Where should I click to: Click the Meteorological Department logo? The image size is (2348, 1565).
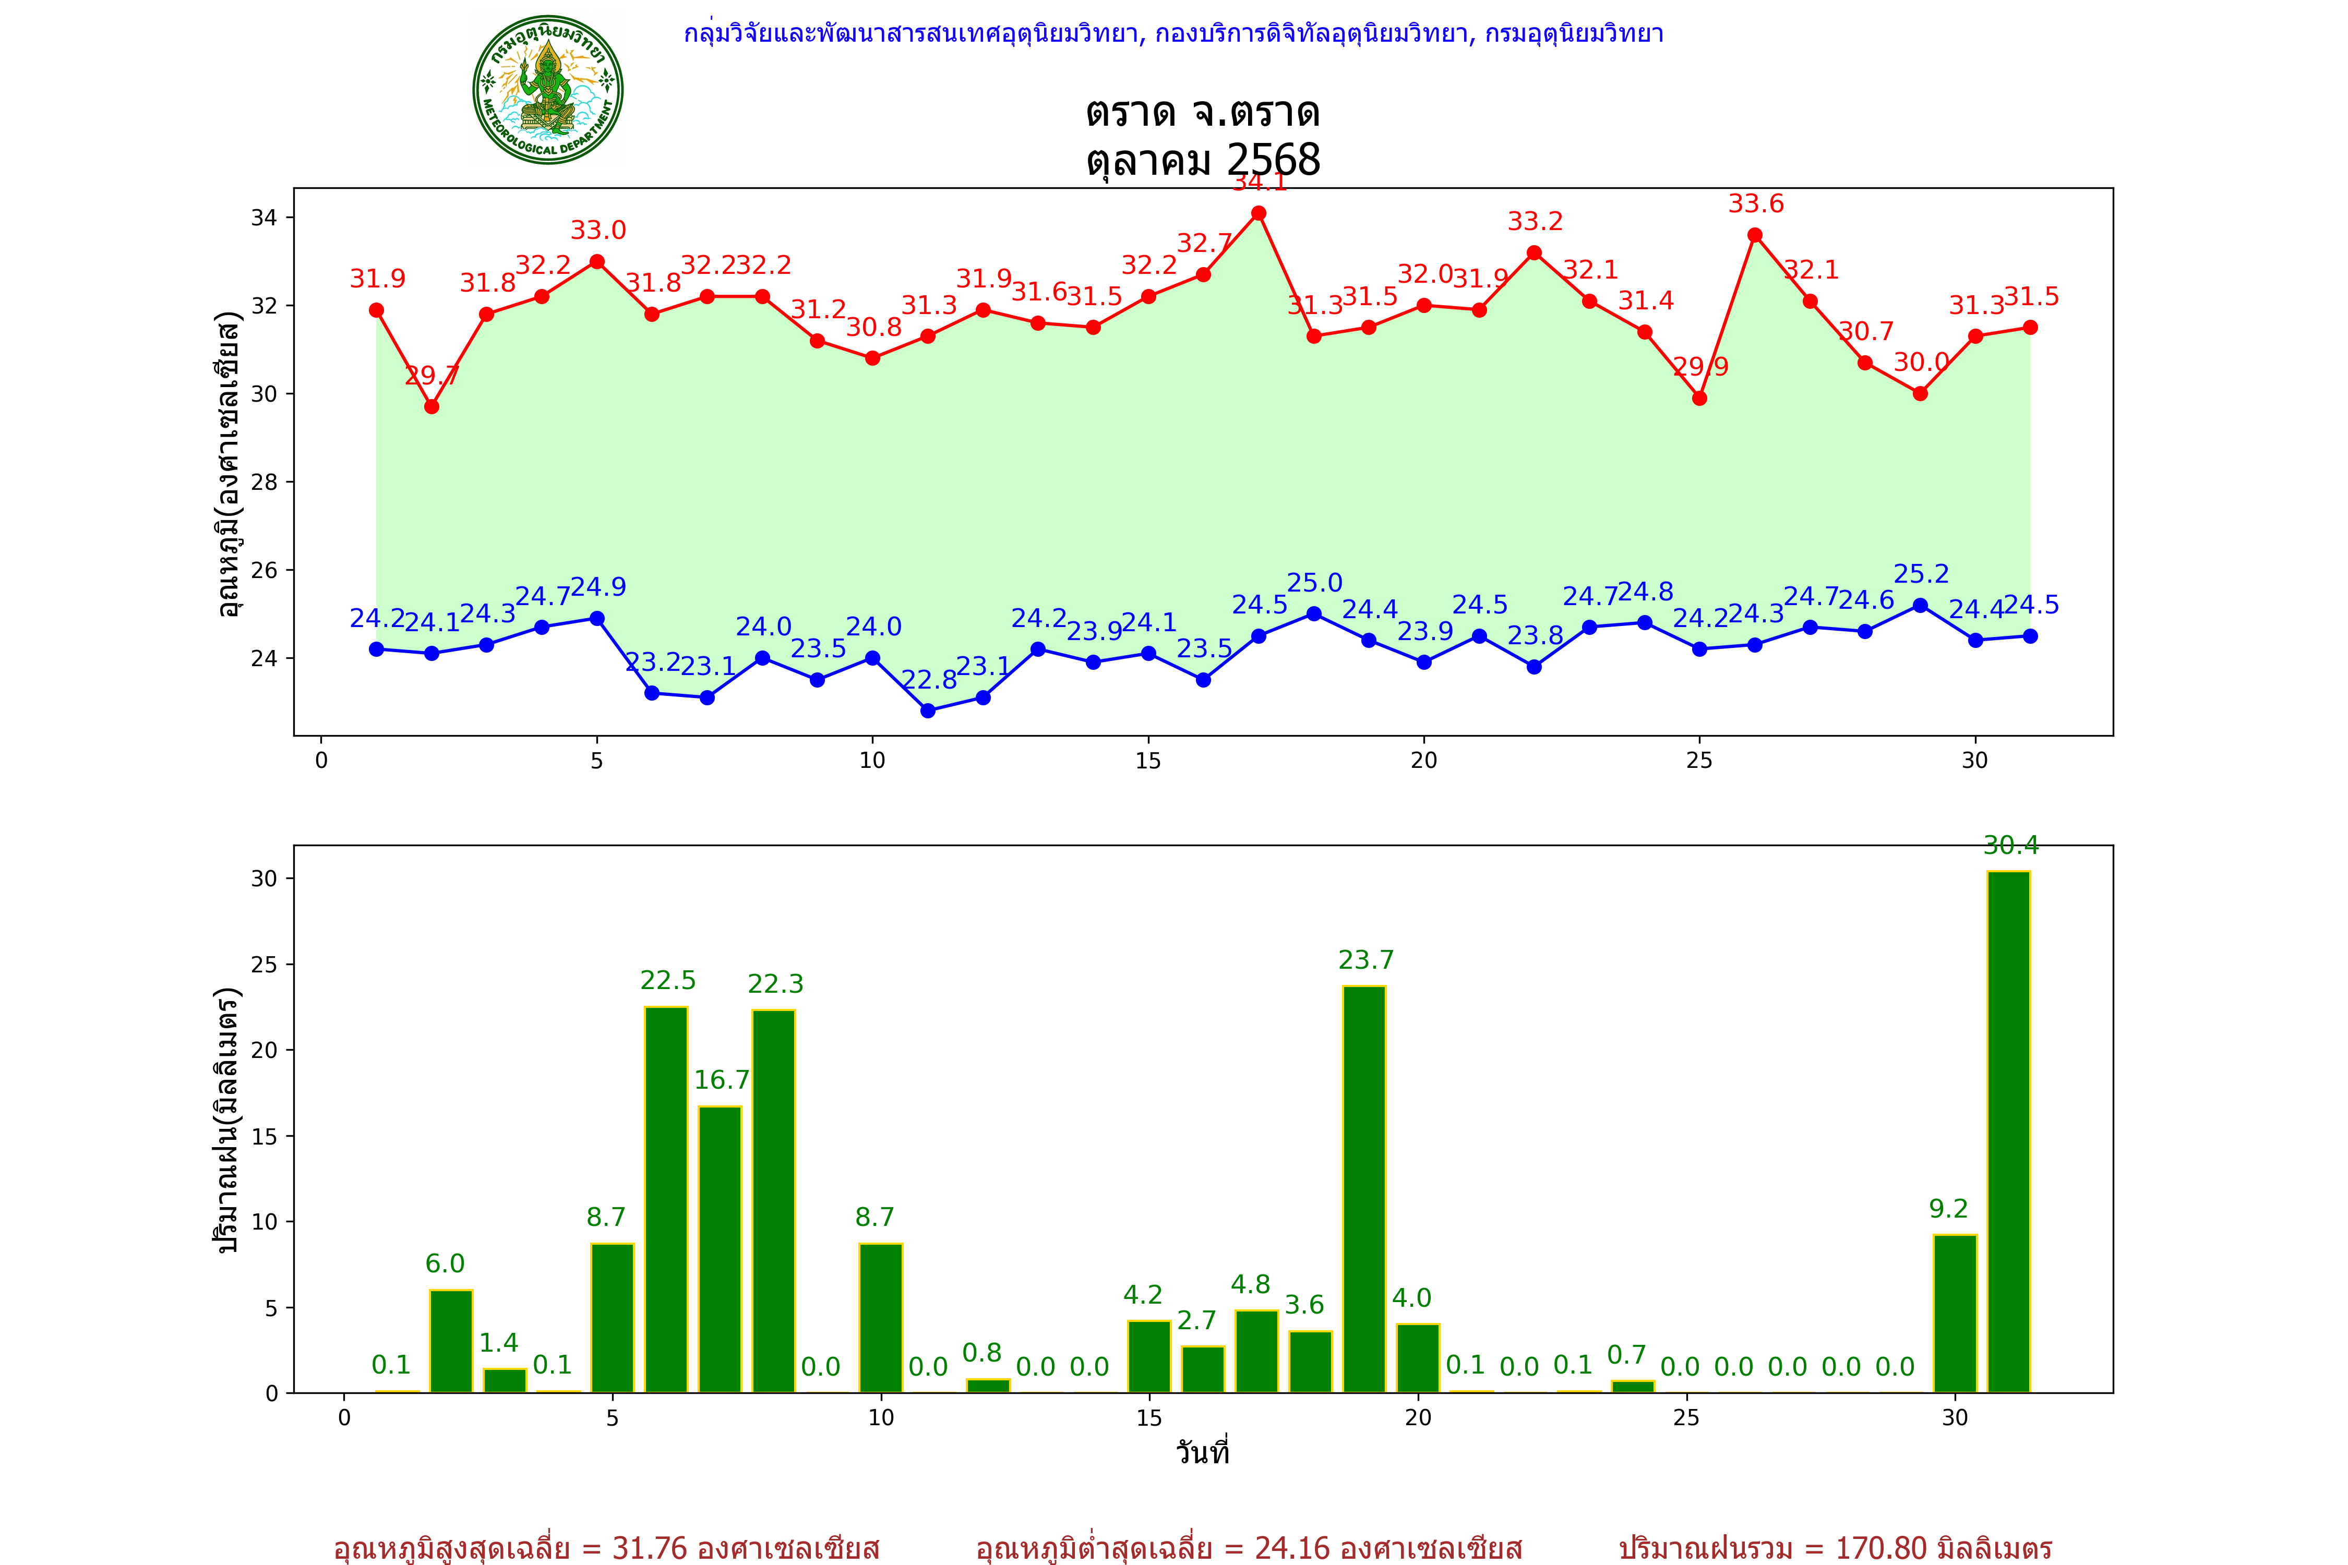[x=548, y=90]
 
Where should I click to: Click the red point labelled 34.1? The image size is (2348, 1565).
[x=1259, y=213]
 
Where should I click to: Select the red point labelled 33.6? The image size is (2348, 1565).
[x=1755, y=236]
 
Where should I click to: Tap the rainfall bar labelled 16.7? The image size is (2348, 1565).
[x=720, y=1249]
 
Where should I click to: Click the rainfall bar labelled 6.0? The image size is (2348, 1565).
[x=451, y=1341]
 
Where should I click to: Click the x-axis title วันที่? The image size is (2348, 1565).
[x=1203, y=1452]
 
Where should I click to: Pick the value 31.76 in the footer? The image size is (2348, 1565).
[x=650, y=1548]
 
